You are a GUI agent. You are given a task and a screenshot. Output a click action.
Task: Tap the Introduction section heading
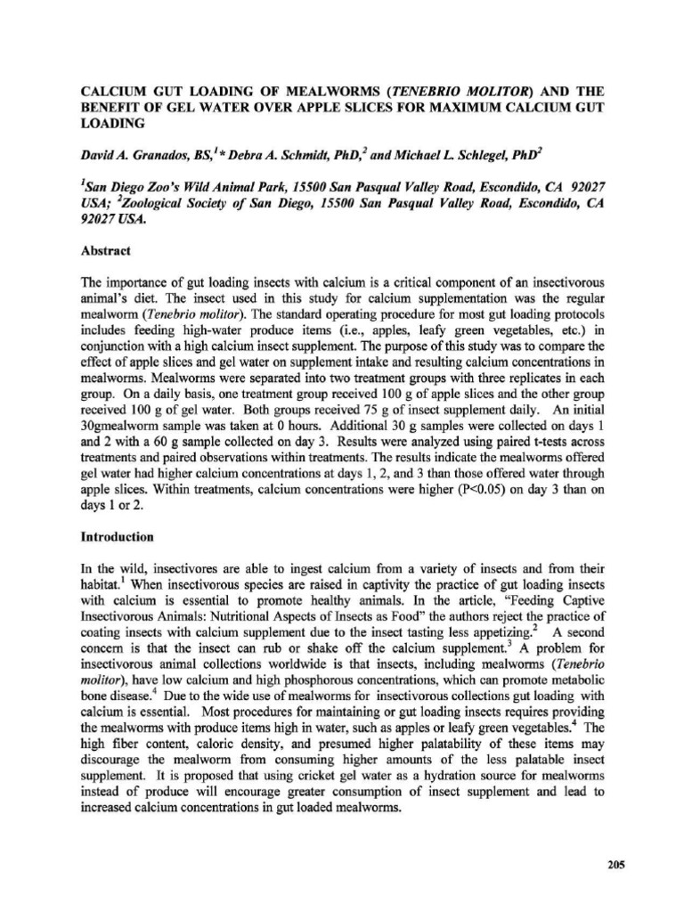coord(118,537)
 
